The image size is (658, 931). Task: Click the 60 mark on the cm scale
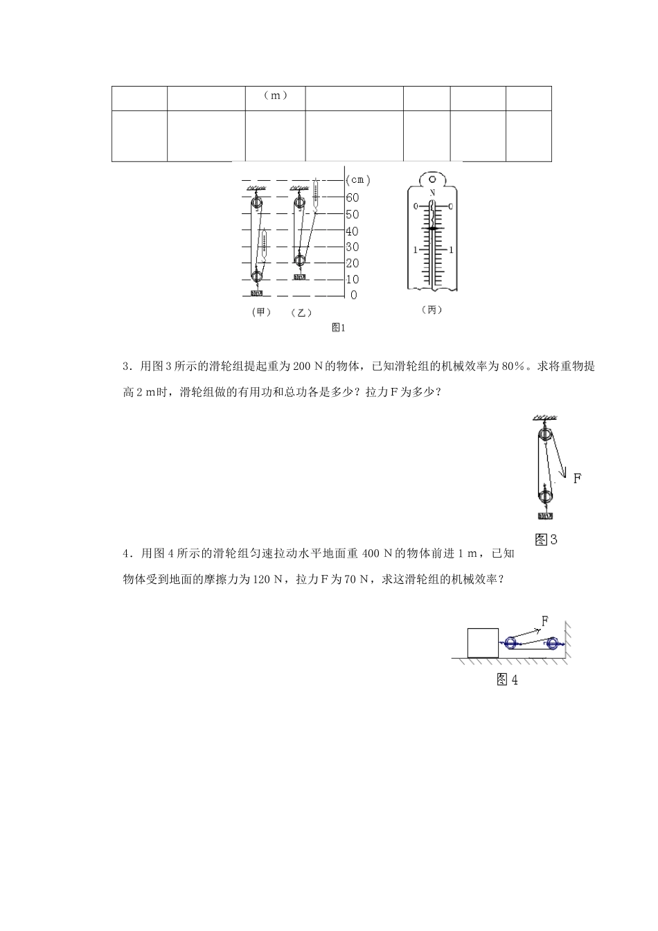[x=352, y=197]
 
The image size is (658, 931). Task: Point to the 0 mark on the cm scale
[x=354, y=296]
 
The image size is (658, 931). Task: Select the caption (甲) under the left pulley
[x=261, y=312]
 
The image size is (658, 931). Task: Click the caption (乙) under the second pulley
[x=301, y=313]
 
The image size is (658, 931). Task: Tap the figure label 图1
[x=338, y=328]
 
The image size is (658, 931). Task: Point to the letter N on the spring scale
[x=432, y=193]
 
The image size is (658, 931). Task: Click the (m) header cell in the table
[x=276, y=96]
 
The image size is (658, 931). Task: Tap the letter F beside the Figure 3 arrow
[x=578, y=477]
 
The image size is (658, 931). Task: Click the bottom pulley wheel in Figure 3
[x=545, y=495]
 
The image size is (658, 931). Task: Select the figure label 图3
[x=546, y=539]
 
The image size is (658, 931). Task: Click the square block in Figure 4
[x=483, y=642]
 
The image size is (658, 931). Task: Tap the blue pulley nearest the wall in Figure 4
[x=552, y=644]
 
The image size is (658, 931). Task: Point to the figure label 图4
[x=508, y=680]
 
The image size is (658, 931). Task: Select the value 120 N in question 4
[x=268, y=580]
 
